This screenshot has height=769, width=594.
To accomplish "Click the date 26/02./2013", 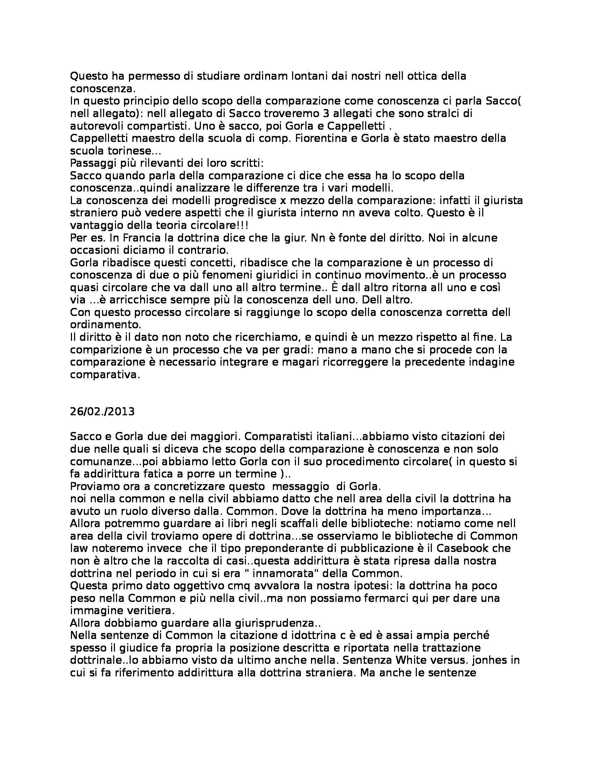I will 102,412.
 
